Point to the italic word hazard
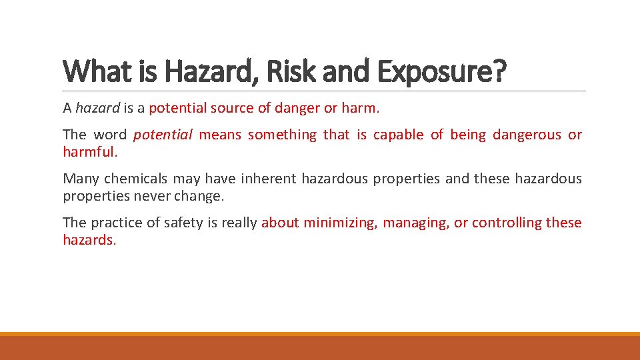[x=97, y=109]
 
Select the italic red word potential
[x=163, y=135]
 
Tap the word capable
[x=398, y=135]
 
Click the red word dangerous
[x=527, y=135]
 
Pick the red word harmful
[x=89, y=152]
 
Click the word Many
[x=81, y=179]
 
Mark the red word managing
[x=416, y=223]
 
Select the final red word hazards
[x=89, y=240]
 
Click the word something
[x=282, y=135]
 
